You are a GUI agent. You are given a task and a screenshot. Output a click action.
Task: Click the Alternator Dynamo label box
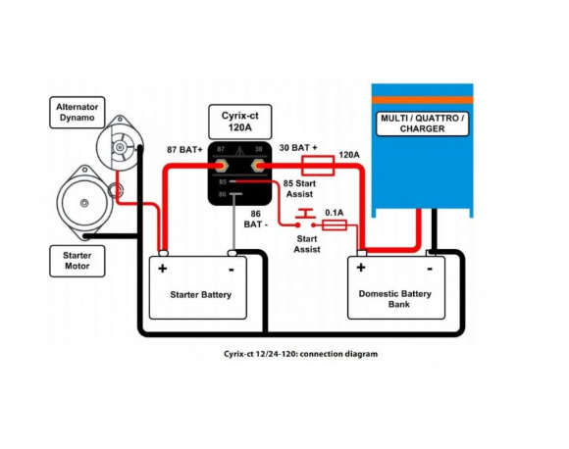coord(78,113)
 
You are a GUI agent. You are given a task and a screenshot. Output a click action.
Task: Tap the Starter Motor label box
coord(78,261)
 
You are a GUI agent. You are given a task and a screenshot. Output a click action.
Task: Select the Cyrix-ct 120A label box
coord(240,122)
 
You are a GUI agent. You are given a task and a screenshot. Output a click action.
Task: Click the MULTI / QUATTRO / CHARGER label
coord(423,124)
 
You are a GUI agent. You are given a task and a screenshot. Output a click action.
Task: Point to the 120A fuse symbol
coord(318,166)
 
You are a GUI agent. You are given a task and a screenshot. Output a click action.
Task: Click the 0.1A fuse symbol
coord(335,225)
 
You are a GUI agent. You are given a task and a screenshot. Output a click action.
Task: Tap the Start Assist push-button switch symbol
coord(305,219)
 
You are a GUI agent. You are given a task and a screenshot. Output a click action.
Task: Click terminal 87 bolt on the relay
coord(221,166)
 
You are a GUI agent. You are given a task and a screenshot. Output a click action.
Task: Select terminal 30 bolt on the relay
coord(258,166)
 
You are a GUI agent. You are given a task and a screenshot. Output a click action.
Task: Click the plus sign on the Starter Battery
coord(163,269)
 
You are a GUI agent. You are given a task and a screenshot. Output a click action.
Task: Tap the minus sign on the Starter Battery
coord(232,270)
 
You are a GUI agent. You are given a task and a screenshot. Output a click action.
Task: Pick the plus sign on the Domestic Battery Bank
coord(361,268)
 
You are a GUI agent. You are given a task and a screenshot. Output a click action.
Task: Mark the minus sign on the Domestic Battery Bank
coord(430,269)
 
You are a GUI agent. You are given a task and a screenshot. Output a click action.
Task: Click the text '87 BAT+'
coord(184,150)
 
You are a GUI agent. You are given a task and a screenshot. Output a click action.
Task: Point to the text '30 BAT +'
coord(298,148)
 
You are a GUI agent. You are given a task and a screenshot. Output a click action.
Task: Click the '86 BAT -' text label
coord(256,219)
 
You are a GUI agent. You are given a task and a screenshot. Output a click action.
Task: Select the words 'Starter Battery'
coord(201,294)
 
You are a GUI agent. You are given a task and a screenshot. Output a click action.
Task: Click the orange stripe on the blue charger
coord(423,100)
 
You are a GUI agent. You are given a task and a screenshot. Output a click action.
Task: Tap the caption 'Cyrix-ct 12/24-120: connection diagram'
coord(300,354)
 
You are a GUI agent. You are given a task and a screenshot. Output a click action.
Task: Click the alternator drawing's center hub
coord(120,147)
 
